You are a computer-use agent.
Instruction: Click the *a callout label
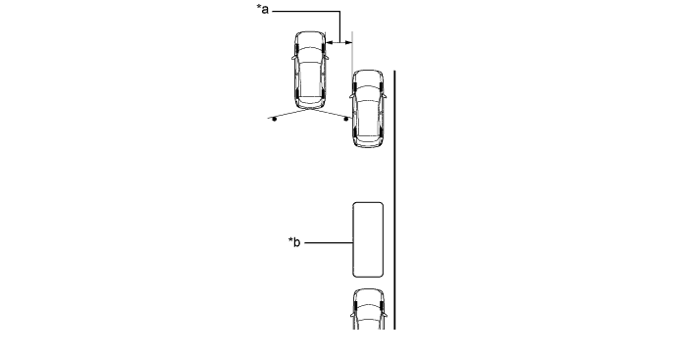click(x=263, y=9)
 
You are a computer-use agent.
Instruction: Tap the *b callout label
click(x=294, y=242)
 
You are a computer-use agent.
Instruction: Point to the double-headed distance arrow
click(x=338, y=42)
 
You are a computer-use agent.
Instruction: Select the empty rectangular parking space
click(x=368, y=239)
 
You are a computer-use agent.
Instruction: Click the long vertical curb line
click(x=394, y=200)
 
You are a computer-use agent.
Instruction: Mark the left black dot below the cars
click(x=274, y=119)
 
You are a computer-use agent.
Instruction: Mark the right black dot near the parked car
click(x=345, y=119)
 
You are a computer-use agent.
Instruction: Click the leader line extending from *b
click(x=329, y=242)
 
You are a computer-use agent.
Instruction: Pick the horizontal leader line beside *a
click(x=306, y=11)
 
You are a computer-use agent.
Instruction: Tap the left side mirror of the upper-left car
click(x=293, y=58)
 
